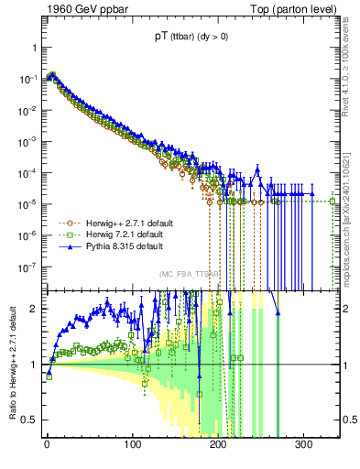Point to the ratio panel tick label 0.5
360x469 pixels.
tap(26, 420)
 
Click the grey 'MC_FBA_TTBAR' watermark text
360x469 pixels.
tap(187, 274)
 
